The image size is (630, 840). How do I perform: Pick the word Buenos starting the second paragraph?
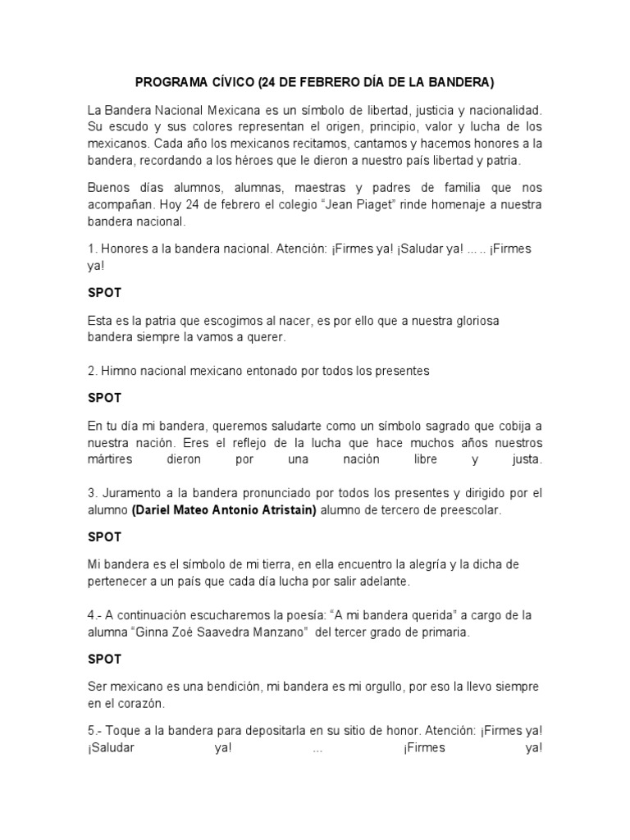click(x=107, y=187)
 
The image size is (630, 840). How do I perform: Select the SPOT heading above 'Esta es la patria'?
click(x=104, y=292)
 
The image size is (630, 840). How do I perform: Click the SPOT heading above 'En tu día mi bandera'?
click(x=104, y=398)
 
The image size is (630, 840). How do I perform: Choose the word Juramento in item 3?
click(x=132, y=493)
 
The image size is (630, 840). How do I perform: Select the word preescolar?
click(x=464, y=510)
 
